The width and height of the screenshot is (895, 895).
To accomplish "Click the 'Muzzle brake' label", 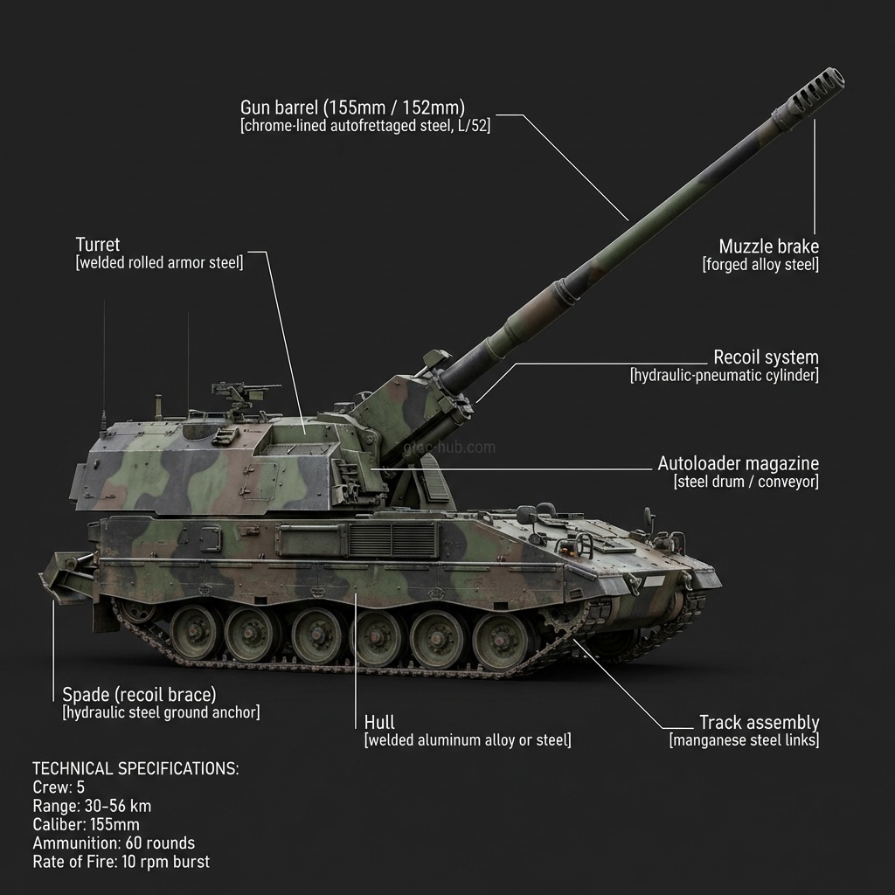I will click(768, 246).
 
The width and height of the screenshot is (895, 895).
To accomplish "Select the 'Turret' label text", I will click(98, 244).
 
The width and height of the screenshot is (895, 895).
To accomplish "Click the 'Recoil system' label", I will click(766, 357).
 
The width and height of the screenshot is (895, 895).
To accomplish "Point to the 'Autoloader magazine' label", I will click(738, 463).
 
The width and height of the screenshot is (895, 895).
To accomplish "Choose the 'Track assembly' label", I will click(759, 722).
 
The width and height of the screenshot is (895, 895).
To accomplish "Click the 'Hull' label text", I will click(379, 722).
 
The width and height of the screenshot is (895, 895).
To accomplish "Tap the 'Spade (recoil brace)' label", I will click(139, 695).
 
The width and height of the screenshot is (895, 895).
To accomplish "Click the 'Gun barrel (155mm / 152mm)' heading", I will click(352, 108).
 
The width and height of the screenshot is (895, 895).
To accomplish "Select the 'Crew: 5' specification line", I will click(59, 787).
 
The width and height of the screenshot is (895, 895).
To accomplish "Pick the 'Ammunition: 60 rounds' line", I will click(114, 843).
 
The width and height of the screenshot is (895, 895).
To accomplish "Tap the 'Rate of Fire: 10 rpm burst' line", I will click(121, 862).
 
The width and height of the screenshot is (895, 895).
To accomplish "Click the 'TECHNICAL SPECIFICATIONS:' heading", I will click(135, 768).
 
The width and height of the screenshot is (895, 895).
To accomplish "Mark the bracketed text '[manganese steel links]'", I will click(744, 741).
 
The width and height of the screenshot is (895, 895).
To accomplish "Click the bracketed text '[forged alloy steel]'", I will click(760, 265).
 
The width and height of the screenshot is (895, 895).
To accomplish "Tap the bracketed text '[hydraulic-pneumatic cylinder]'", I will click(724, 376).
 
